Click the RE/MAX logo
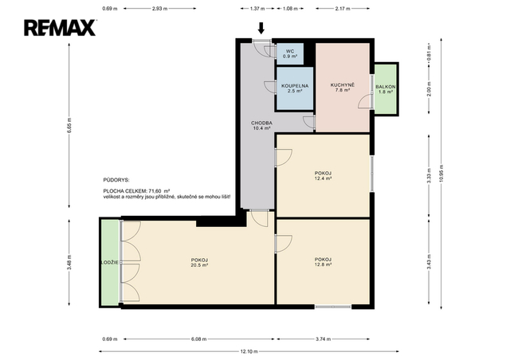click(60, 28)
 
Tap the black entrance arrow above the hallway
click(261, 28)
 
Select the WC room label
click(290, 53)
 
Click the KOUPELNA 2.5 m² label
click(295, 88)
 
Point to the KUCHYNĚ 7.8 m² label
click(343, 88)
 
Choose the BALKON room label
click(386, 89)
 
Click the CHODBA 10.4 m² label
click(261, 126)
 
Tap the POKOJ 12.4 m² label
click(323, 175)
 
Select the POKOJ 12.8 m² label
click(323, 262)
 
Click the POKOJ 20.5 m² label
click(199, 263)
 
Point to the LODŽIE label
click(110, 263)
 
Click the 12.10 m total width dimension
click(249, 351)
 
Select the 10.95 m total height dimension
click(441, 174)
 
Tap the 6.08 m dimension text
click(198, 338)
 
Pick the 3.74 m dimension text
click(323, 338)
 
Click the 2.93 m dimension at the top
click(159, 9)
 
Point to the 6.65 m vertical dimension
click(69, 126)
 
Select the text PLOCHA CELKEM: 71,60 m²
click(137, 191)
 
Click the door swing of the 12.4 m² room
click(284, 158)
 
